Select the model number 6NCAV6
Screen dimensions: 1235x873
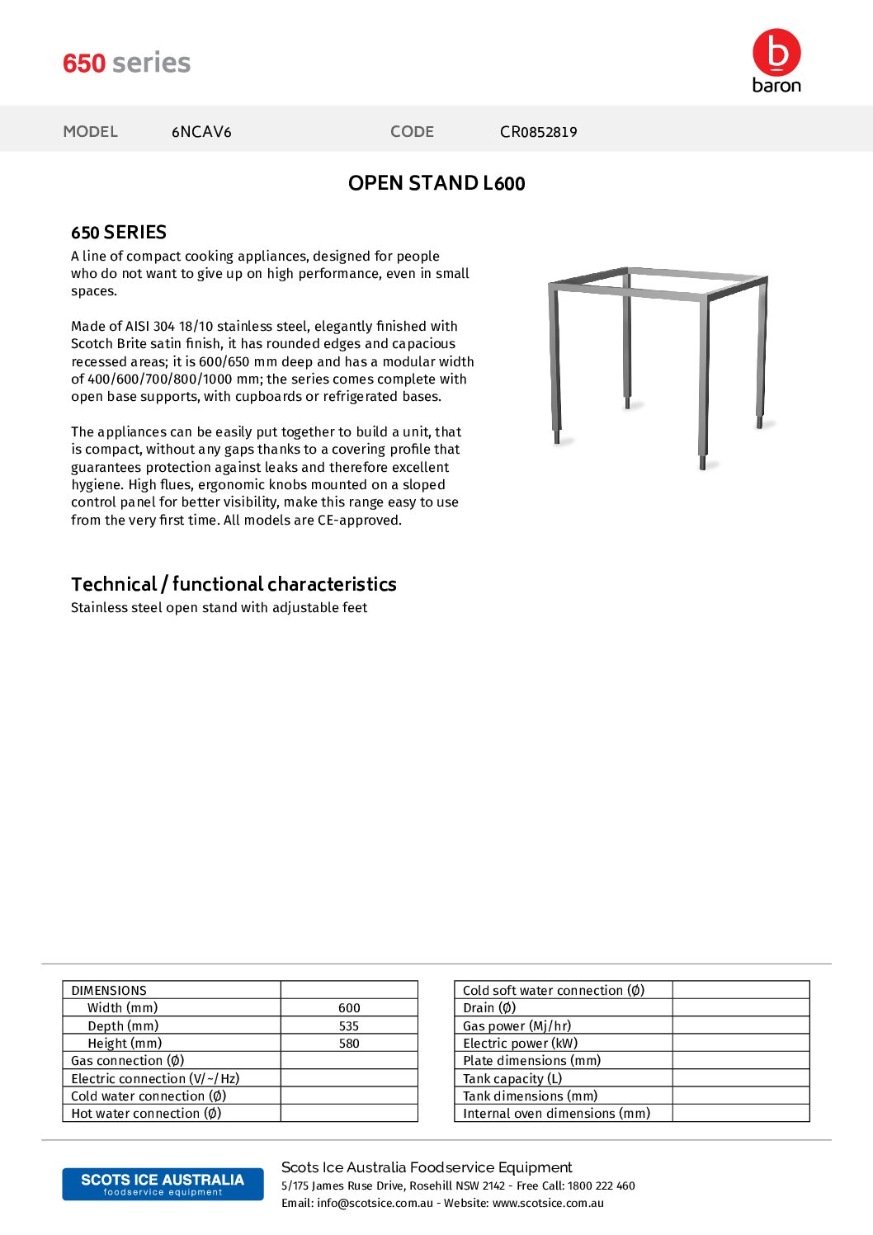point(201,132)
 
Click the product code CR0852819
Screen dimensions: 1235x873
point(538,132)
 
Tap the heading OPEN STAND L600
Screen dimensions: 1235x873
point(436,183)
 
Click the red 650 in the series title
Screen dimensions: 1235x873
point(84,64)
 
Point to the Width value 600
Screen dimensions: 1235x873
point(349,1008)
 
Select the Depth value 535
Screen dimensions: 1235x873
point(349,1026)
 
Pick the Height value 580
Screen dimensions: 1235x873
point(349,1044)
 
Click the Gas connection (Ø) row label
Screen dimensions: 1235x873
point(128,1061)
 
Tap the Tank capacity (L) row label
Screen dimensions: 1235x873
point(512,1079)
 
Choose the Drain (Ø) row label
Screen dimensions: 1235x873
point(489,1008)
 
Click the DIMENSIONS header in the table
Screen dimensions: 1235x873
point(109,991)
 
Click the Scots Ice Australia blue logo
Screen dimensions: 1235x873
point(163,1184)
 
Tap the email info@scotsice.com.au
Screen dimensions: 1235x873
point(375,1204)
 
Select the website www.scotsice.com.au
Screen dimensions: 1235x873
point(548,1204)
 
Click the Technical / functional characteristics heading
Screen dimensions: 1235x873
point(234,584)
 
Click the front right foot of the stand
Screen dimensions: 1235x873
point(703,462)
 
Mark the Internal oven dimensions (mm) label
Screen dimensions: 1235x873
point(556,1114)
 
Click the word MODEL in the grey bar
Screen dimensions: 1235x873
point(91,132)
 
